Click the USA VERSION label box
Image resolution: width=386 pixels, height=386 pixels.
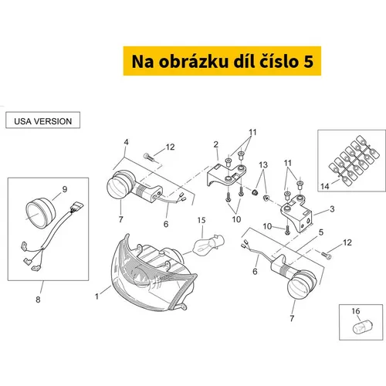[x=42, y=120]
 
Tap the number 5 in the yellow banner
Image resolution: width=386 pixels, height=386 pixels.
[x=308, y=62]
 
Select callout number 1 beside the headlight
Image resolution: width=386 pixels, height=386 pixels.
[x=96, y=296]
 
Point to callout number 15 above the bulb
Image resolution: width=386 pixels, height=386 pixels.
[x=201, y=220]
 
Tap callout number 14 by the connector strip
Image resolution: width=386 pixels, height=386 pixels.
[x=325, y=186]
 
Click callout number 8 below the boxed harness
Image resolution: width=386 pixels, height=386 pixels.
[x=38, y=300]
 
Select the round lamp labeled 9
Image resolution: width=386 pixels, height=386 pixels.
[x=41, y=212]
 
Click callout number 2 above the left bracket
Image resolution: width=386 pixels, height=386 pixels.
[x=216, y=144]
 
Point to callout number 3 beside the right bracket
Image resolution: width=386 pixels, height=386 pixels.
[x=332, y=209]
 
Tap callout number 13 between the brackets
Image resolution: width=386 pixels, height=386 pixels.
[x=263, y=165]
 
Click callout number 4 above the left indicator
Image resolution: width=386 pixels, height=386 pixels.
[x=126, y=142]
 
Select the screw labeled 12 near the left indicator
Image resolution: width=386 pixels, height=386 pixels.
[x=149, y=157]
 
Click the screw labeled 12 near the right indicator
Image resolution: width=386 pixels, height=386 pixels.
[x=326, y=255]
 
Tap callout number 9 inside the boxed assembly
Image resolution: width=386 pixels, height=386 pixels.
[x=65, y=189]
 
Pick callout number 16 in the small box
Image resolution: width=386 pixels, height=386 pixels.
[x=356, y=311]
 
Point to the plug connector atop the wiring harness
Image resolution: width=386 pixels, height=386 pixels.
[x=77, y=207]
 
